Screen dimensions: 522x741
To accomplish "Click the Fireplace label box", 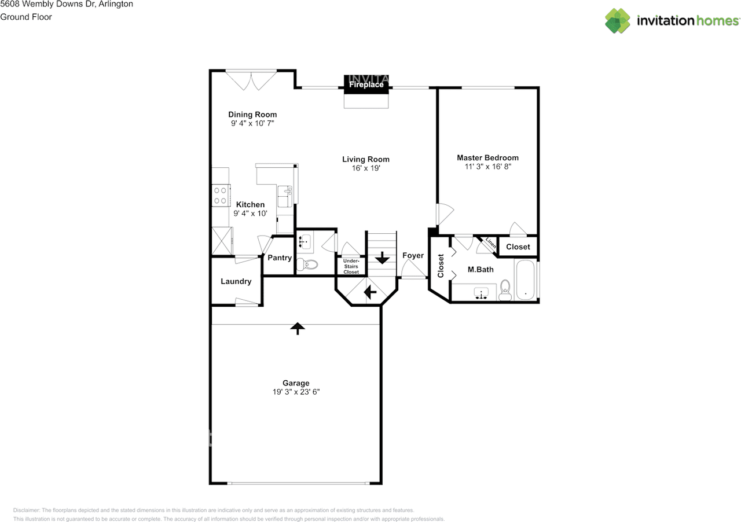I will [366, 84].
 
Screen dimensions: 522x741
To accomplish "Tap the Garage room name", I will [296, 383].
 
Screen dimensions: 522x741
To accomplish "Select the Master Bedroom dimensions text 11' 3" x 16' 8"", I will [487, 167].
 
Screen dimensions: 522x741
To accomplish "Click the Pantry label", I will [279, 258].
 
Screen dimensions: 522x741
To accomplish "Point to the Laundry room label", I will [236, 281].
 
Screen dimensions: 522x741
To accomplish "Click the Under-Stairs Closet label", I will [351, 266].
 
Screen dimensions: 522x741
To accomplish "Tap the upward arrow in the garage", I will [297, 328].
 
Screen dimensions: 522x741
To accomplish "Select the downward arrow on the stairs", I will [381, 258].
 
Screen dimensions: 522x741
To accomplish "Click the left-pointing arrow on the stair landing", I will [370, 293].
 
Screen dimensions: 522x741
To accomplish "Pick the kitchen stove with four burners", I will [220, 194].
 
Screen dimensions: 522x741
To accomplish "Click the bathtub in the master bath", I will [526, 280].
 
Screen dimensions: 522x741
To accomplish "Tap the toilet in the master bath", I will [505, 291].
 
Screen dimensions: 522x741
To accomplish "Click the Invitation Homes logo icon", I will [618, 21].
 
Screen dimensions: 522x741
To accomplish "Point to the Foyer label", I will [413, 255].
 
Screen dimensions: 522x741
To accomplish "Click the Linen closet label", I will [490, 244].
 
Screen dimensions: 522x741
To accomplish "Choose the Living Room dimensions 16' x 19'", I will [365, 168].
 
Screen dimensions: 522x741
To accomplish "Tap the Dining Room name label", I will [252, 115].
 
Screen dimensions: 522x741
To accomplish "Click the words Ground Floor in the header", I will [26, 17].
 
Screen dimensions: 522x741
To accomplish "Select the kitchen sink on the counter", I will [285, 194].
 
